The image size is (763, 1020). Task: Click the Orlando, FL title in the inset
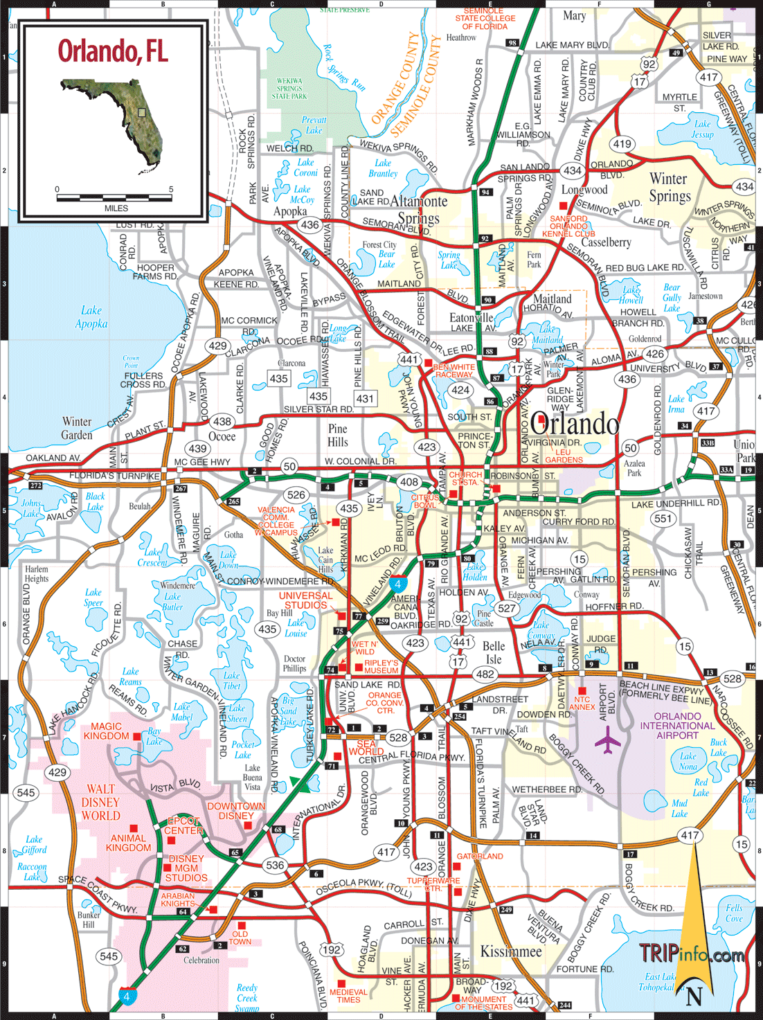113,51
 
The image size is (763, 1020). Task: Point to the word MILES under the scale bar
116,208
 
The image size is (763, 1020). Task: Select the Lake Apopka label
91,317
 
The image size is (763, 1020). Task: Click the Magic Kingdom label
106,731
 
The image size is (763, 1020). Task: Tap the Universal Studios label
305,600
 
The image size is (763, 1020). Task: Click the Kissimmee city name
511,951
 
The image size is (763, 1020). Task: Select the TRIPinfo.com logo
691,954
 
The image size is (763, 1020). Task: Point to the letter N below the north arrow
694,996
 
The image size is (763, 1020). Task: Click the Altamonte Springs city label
419,209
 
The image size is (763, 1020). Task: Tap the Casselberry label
606,242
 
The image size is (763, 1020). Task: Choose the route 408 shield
409,482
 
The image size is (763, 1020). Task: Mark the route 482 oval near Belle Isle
485,674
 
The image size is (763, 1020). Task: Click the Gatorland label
480,857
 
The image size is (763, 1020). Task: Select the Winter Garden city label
77,428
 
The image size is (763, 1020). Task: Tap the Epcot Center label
183,825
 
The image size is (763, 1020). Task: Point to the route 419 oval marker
622,144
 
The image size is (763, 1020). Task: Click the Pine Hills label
338,436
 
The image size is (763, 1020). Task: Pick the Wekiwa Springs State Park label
289,89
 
